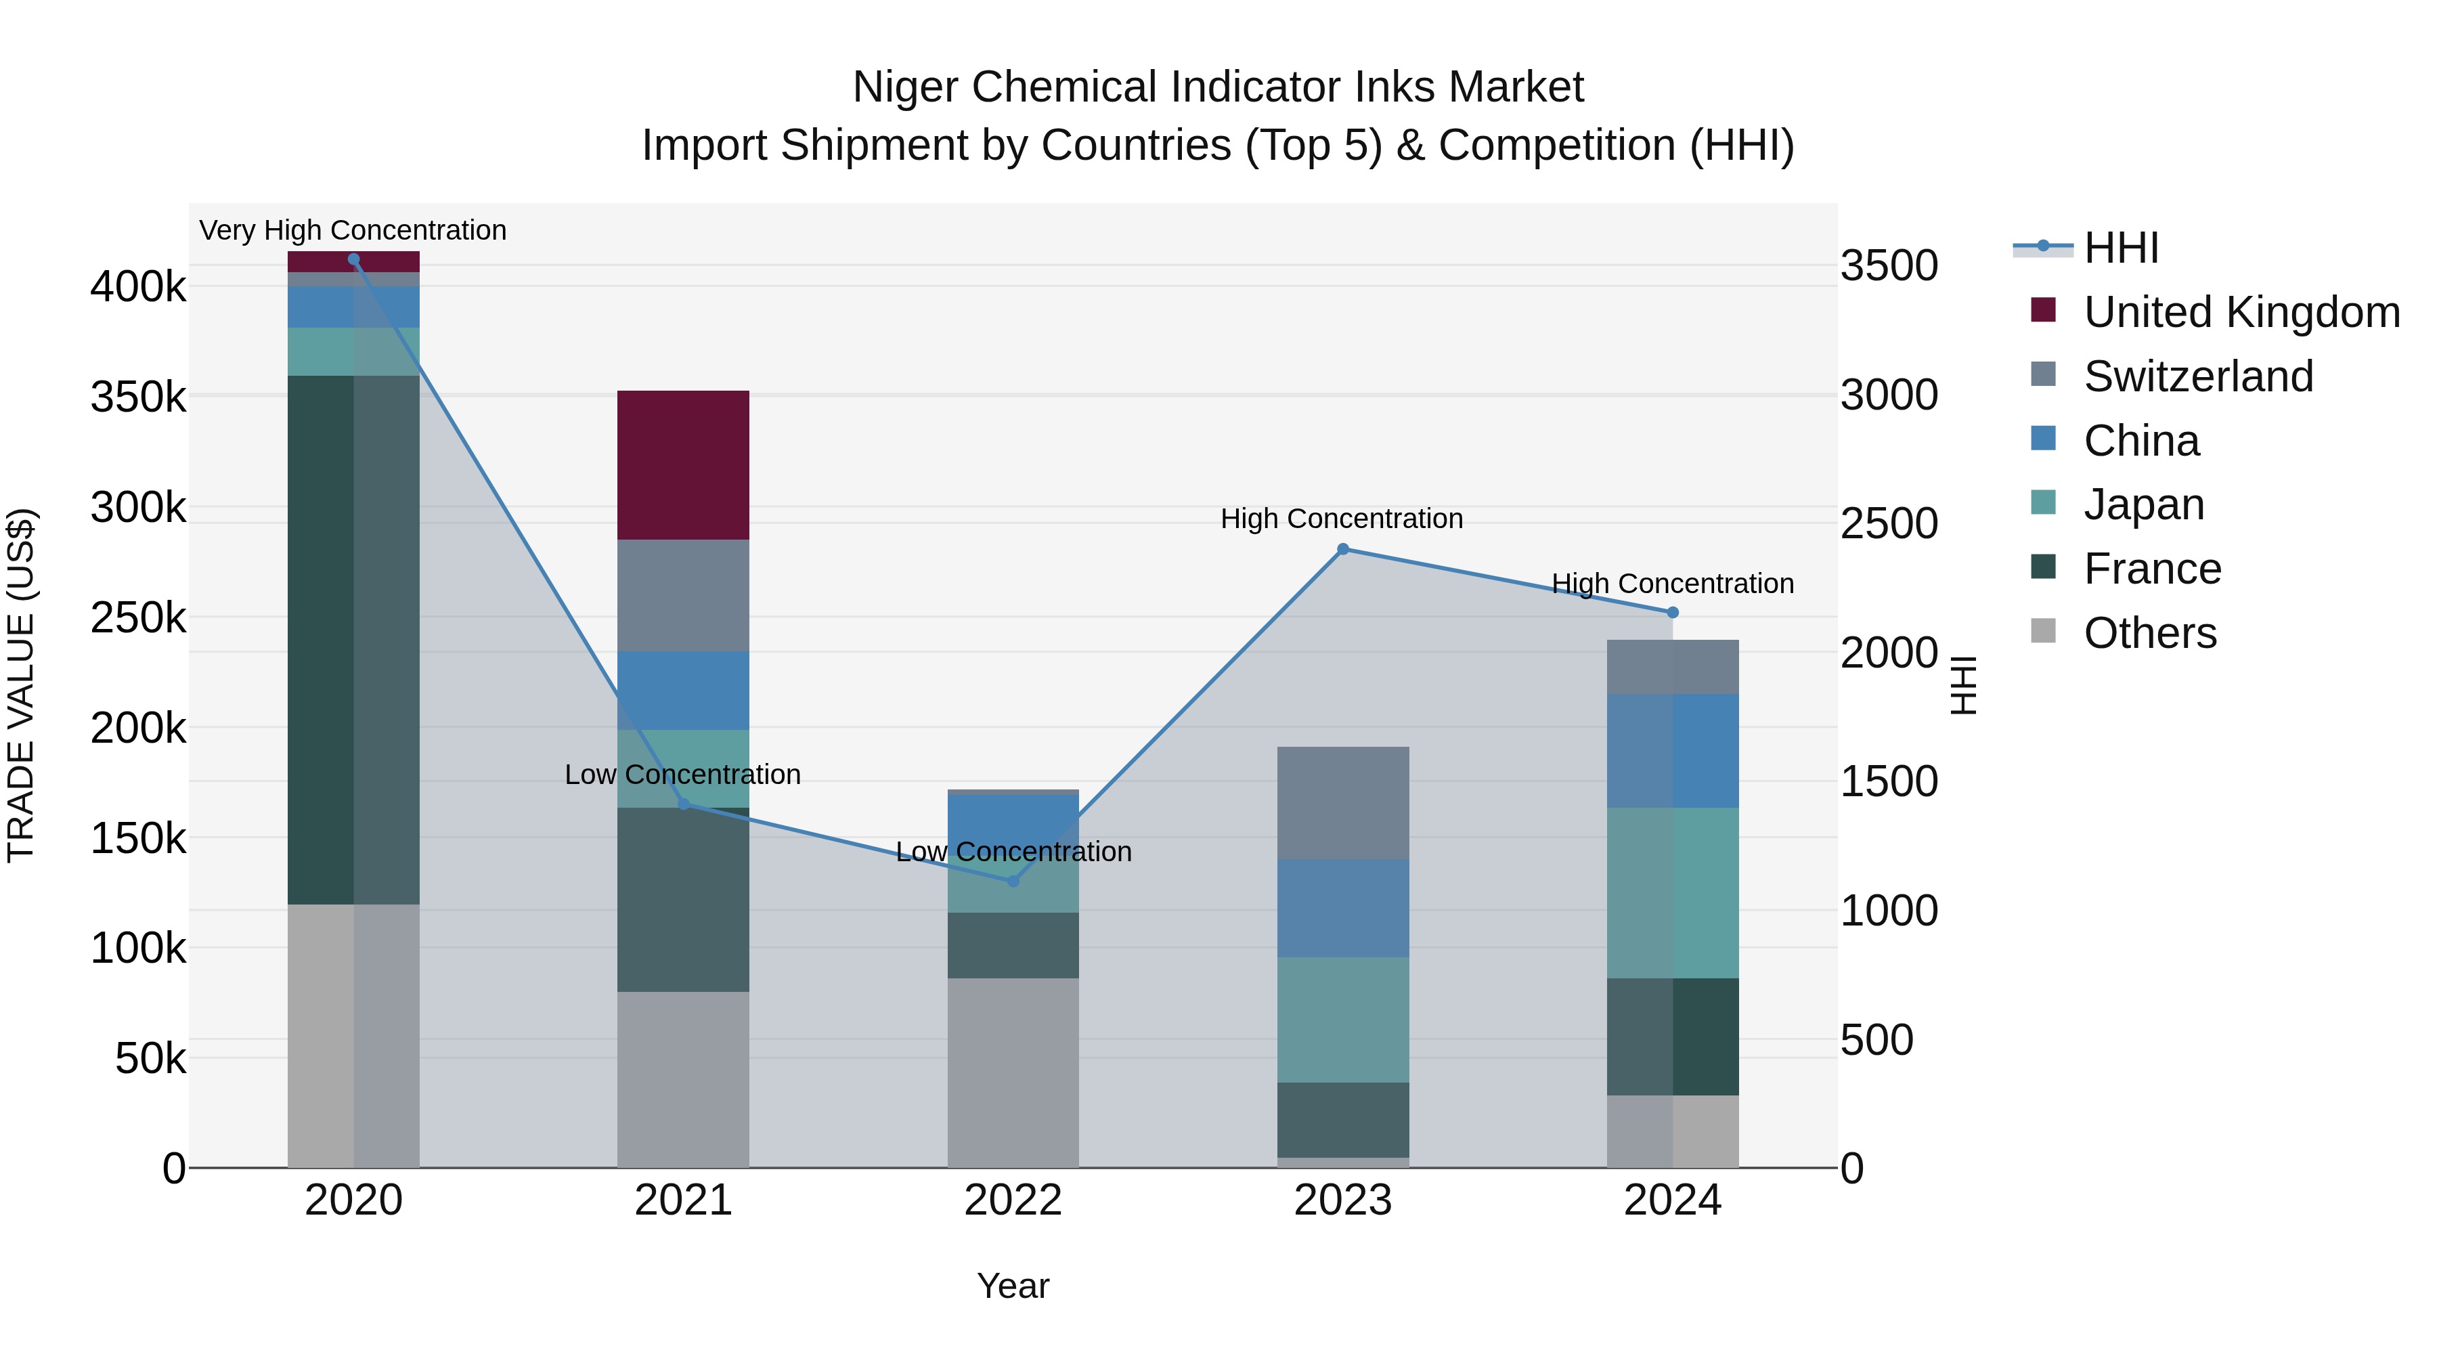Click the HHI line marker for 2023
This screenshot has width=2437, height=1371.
(x=1342, y=549)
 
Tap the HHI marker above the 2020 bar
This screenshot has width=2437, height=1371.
(x=354, y=259)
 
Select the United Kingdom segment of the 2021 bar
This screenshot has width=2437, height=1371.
(x=683, y=464)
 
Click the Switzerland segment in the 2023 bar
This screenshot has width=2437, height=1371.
(x=1342, y=802)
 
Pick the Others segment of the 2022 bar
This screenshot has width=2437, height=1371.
(x=1013, y=1072)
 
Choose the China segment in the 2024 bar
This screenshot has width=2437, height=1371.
(x=1673, y=750)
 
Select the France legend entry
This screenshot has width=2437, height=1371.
(x=2152, y=569)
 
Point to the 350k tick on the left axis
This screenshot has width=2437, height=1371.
(x=138, y=397)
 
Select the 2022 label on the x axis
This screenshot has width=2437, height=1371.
(x=1013, y=1200)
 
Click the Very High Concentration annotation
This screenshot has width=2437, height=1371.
(x=353, y=230)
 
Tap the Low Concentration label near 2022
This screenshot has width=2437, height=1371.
(x=1013, y=852)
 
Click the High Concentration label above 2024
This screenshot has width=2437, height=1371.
(x=1673, y=584)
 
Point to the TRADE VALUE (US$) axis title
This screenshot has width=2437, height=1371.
(x=21, y=685)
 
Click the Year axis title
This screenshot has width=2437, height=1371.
(x=1013, y=1286)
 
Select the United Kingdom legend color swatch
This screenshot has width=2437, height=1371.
(x=2044, y=309)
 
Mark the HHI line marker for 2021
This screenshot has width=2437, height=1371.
(x=683, y=803)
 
